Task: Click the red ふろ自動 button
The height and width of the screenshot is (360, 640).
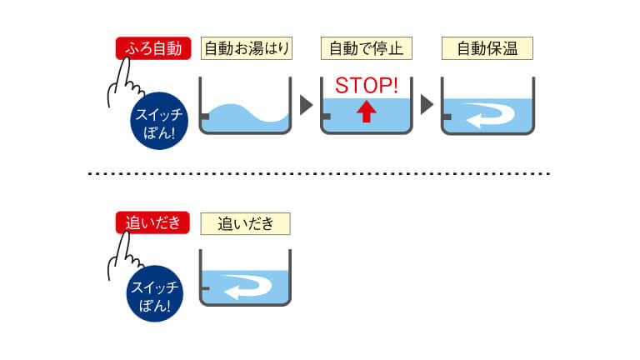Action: click(x=153, y=48)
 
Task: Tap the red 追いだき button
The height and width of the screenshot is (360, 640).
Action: click(x=153, y=223)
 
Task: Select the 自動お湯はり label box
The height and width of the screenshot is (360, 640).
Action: click(x=247, y=48)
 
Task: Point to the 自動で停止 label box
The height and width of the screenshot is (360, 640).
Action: click(x=366, y=48)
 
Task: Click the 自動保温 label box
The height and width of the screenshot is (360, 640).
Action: click(x=487, y=48)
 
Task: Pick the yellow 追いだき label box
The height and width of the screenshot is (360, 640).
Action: click(x=245, y=223)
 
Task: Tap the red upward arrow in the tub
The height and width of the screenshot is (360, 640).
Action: click(x=366, y=112)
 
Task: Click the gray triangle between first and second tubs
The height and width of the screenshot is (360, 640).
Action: click(x=305, y=105)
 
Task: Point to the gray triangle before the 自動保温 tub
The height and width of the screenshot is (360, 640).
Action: click(x=426, y=105)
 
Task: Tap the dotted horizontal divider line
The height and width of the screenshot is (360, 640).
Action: click(x=320, y=173)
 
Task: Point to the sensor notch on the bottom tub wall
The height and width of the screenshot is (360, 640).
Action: click(x=205, y=288)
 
